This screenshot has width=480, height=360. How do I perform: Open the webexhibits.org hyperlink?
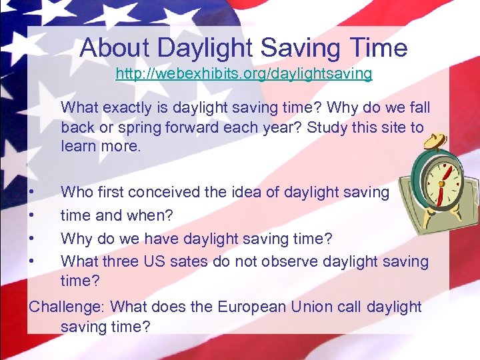pos(243,74)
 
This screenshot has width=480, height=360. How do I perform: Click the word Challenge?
pos(67,307)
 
